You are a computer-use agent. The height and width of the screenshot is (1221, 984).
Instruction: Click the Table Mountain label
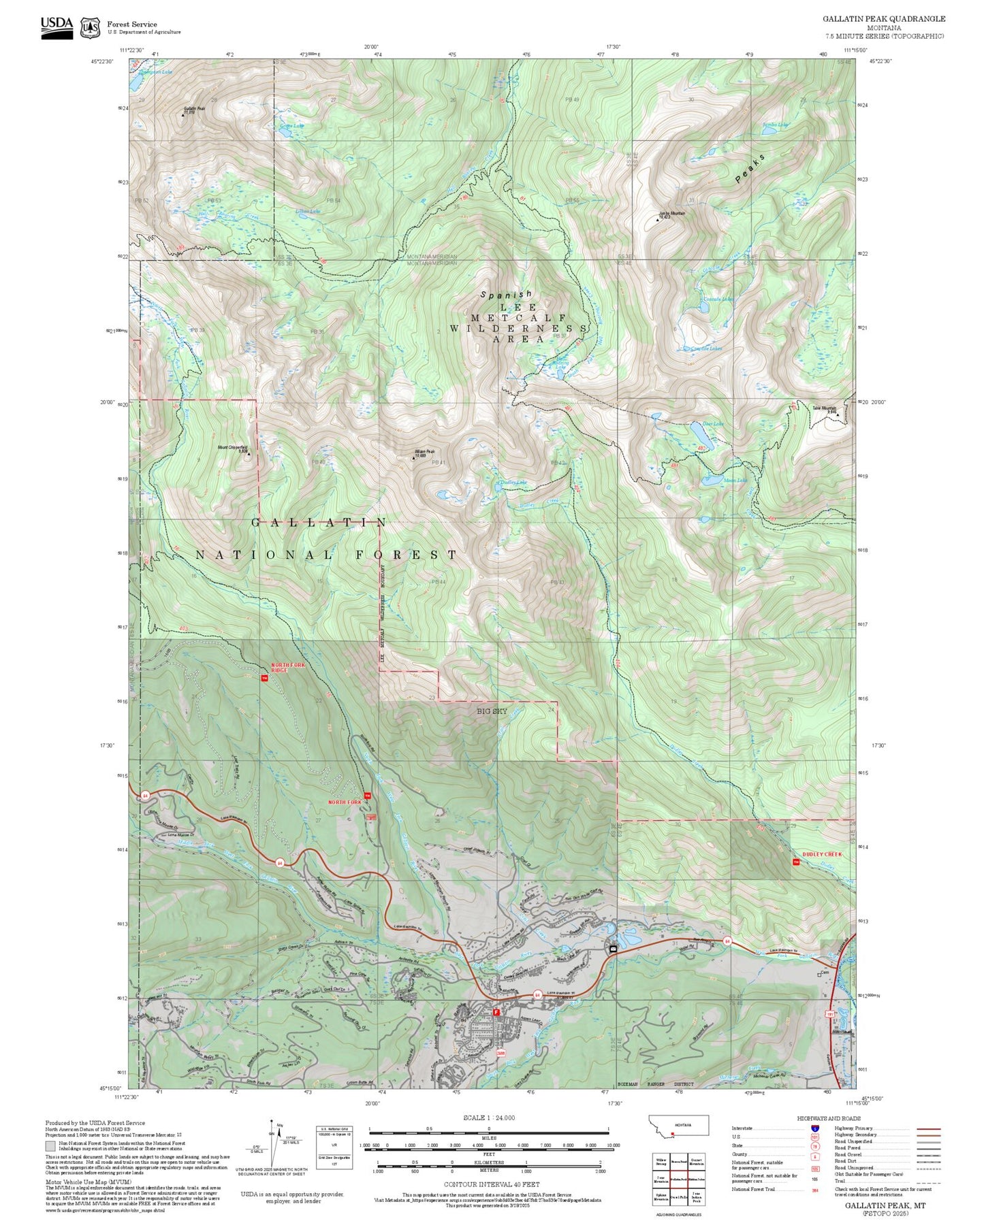click(x=824, y=410)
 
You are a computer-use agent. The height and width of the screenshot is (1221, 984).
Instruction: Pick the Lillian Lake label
click(x=307, y=212)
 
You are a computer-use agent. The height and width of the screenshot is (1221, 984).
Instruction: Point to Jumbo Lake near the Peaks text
click(x=775, y=125)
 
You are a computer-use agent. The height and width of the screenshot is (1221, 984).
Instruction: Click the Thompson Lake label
click(x=155, y=71)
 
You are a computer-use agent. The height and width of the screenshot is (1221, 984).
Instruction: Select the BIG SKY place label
click(x=492, y=711)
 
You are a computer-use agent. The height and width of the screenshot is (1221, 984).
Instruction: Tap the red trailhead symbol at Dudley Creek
click(x=796, y=862)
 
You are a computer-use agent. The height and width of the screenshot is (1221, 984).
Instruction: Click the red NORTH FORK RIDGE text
click(x=288, y=667)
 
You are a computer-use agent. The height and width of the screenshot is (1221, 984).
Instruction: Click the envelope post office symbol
click(x=613, y=948)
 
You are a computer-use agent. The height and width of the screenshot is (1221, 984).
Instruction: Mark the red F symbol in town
click(x=496, y=1013)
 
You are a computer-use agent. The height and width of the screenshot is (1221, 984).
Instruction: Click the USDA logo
click(x=57, y=27)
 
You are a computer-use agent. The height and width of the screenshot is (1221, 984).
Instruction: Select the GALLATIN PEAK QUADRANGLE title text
click(x=883, y=18)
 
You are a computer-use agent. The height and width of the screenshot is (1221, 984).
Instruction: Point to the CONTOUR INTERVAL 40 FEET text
click(x=491, y=1185)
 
